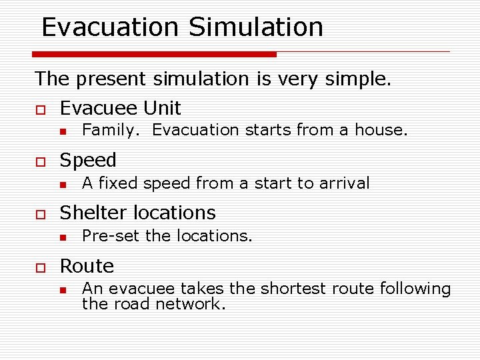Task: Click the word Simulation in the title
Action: click(256, 27)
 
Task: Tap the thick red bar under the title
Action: click(154, 54)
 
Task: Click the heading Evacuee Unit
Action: click(120, 107)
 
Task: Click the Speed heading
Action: click(88, 160)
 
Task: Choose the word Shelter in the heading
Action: click(94, 213)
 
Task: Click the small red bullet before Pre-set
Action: click(62, 237)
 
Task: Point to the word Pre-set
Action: click(111, 236)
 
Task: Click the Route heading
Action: click(87, 266)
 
